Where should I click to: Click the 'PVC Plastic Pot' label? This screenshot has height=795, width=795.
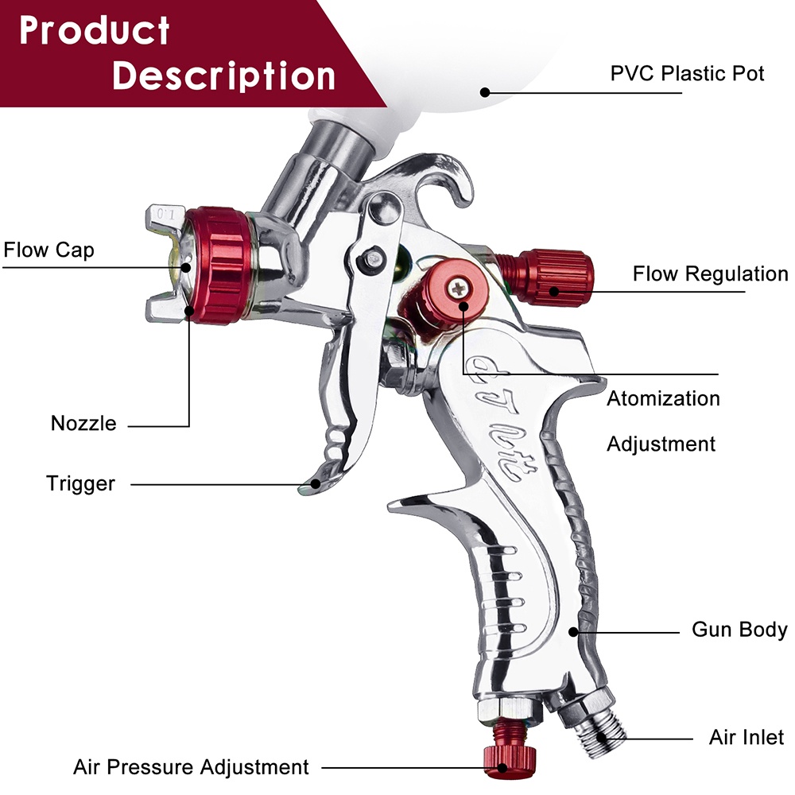(x=687, y=73)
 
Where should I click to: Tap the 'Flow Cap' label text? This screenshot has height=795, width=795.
(x=48, y=250)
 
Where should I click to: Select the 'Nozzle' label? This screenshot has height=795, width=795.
(x=83, y=424)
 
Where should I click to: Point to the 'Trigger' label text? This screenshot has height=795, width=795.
(x=80, y=483)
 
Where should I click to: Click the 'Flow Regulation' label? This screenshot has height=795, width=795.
(x=710, y=273)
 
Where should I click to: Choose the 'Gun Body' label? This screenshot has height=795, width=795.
(x=739, y=630)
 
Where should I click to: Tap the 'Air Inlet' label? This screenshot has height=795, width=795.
(x=747, y=737)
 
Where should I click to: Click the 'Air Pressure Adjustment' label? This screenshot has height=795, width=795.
(x=191, y=767)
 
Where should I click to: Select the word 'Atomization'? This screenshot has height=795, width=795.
(x=663, y=398)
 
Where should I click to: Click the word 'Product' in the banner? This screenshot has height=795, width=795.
(x=95, y=30)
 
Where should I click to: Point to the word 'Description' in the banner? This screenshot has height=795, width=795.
(x=223, y=76)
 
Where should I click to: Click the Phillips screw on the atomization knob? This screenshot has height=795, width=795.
(x=459, y=288)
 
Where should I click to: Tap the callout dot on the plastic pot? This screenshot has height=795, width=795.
(x=485, y=92)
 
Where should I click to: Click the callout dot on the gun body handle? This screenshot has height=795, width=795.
(x=573, y=632)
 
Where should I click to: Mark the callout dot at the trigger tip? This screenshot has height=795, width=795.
(x=316, y=484)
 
